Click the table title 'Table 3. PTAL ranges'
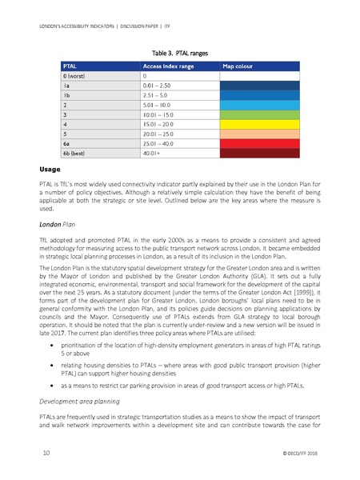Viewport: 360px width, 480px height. coord(180,49)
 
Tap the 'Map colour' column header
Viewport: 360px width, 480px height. coord(238,65)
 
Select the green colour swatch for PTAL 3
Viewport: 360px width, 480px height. coord(258,114)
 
